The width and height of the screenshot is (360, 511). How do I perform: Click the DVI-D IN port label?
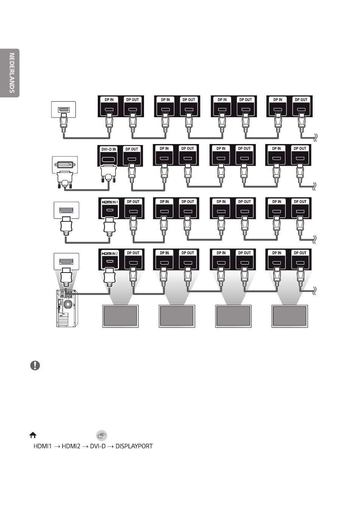108,149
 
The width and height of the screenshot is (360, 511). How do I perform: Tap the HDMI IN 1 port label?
110,202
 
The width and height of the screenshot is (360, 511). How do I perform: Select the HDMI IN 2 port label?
110,254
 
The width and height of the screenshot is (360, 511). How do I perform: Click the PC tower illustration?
66,308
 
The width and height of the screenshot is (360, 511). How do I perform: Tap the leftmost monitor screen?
120,316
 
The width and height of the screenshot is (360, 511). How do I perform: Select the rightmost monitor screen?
290,316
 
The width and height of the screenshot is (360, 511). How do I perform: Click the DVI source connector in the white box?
65,164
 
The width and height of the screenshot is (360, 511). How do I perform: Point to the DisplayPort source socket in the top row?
64,110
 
